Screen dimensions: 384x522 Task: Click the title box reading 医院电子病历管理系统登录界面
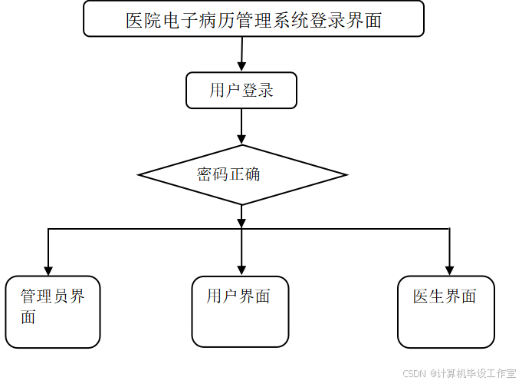click(253, 19)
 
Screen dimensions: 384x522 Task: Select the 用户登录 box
click(241, 91)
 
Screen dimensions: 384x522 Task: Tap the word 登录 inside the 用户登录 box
click(258, 91)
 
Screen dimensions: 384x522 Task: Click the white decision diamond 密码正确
click(242, 175)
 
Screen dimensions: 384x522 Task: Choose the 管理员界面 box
click(53, 312)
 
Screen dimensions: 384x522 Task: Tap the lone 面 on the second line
click(28, 316)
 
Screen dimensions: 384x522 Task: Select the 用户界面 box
click(240, 312)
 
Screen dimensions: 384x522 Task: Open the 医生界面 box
click(446, 312)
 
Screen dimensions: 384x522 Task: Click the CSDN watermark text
click(413, 372)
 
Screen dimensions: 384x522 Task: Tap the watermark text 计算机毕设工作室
click(476, 372)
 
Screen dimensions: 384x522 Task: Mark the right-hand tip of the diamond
click(342, 175)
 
